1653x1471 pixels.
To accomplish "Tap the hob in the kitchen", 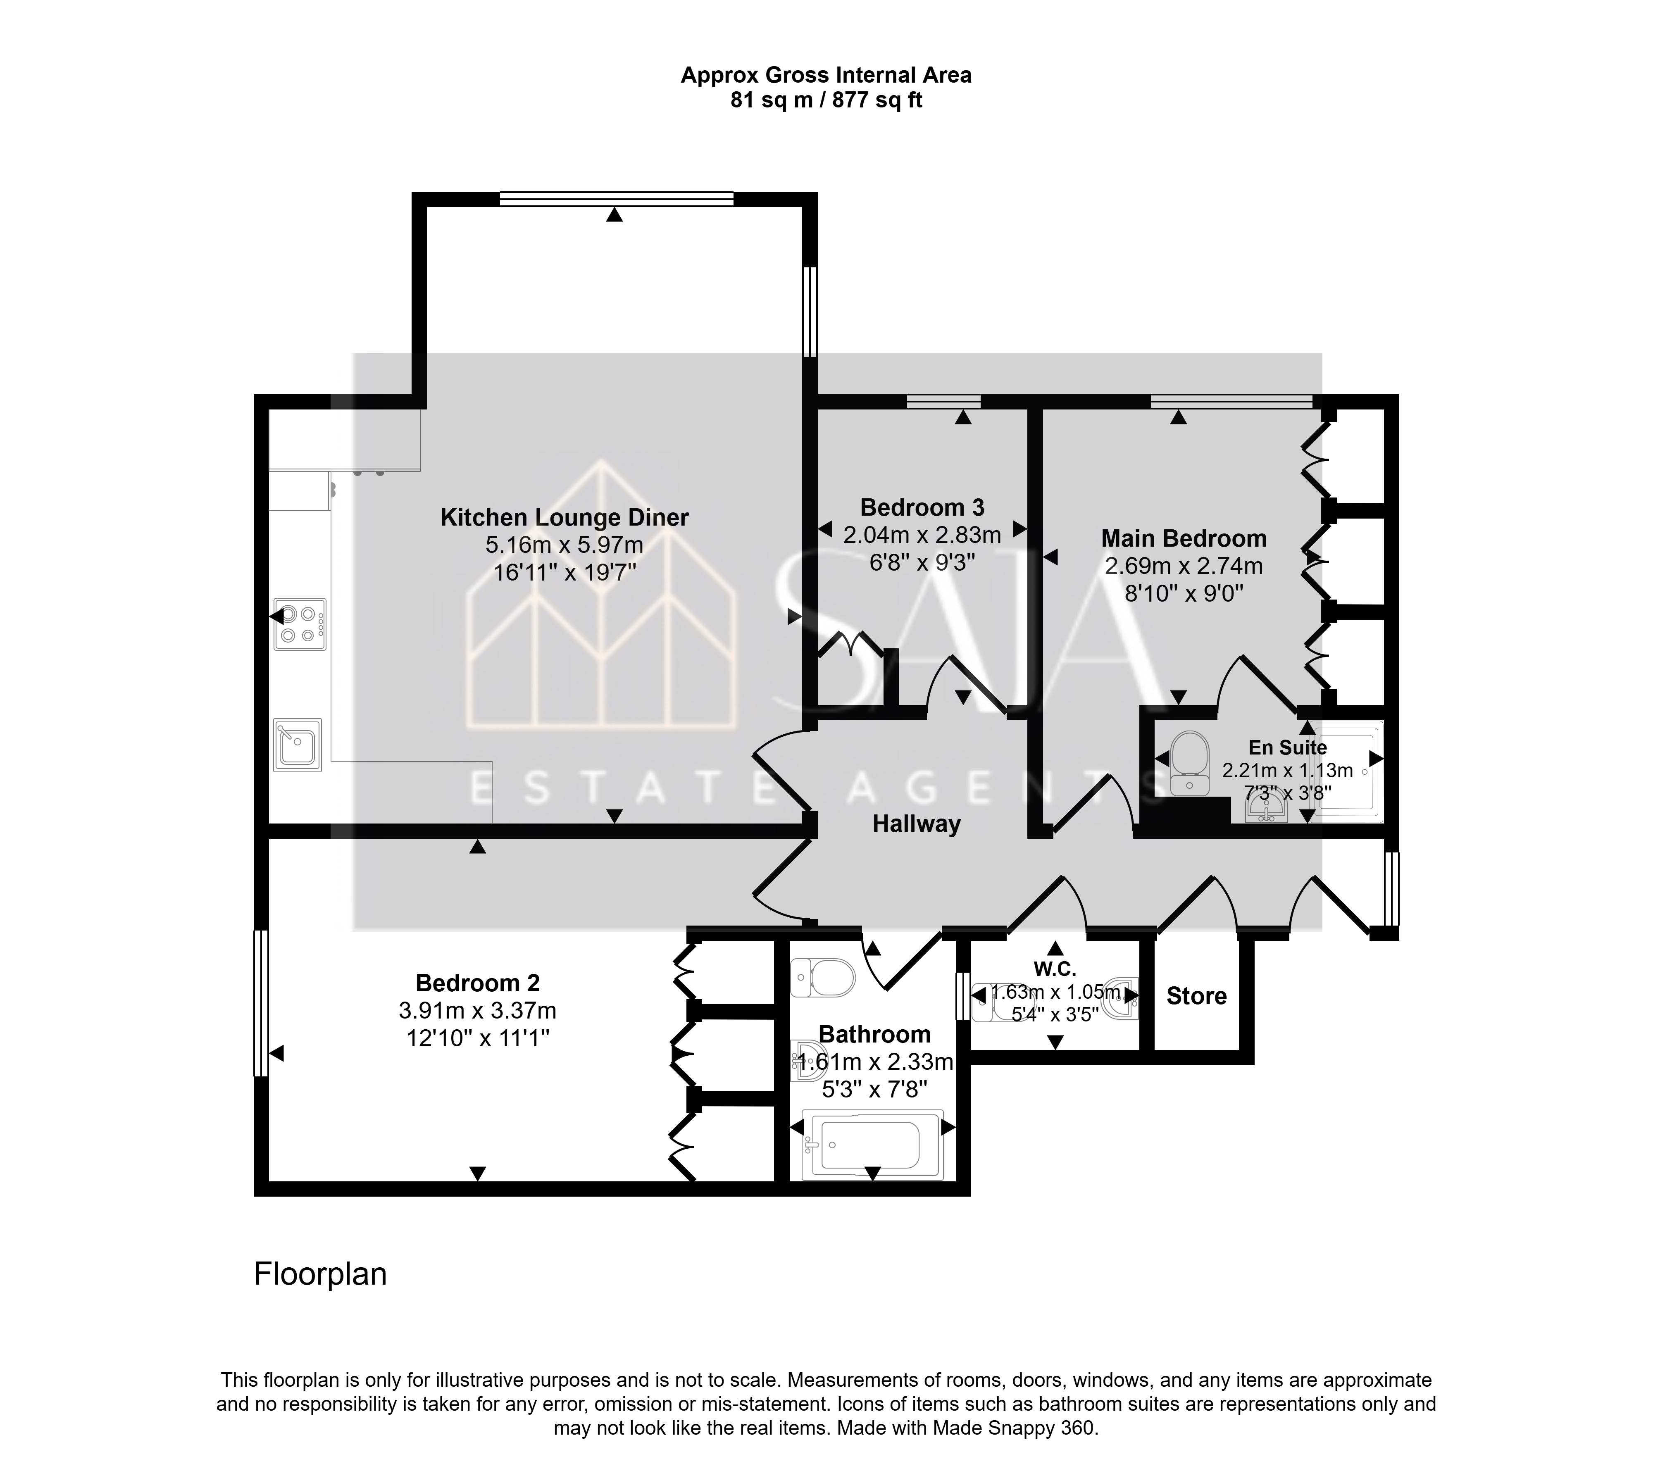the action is click(300, 624).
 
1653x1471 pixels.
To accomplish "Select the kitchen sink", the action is click(298, 745).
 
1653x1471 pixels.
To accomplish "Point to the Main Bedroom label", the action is click(1184, 538).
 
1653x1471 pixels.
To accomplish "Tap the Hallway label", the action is click(916, 824).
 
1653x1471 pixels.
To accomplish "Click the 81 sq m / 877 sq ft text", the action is click(826, 100).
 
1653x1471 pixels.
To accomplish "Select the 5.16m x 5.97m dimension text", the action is click(564, 545).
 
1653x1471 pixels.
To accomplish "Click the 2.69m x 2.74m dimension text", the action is click(1184, 566).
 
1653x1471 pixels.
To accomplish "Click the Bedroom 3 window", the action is click(944, 401).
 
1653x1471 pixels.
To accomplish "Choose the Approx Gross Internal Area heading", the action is click(826, 75).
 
